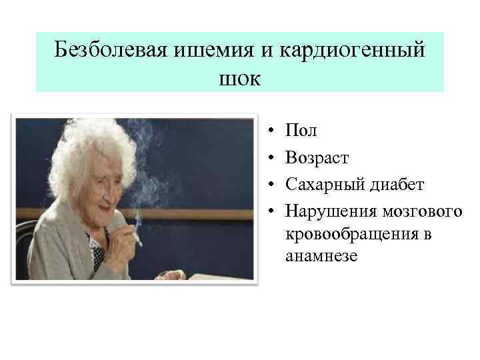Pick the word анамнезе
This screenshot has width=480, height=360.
(x=321, y=256)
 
